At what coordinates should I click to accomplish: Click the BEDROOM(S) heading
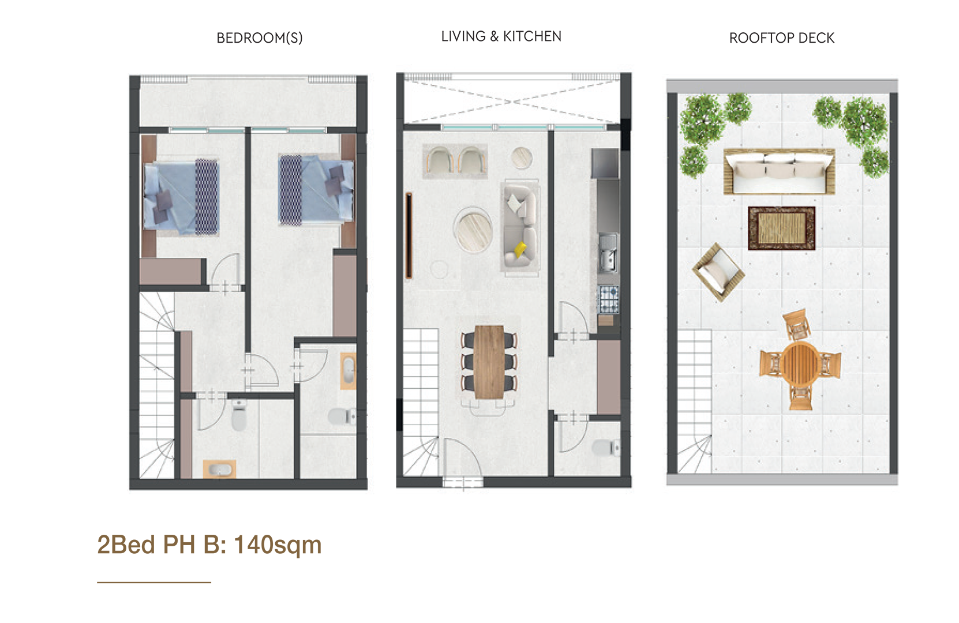pyautogui.click(x=260, y=38)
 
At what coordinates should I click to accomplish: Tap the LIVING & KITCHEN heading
pyautogui.click(x=501, y=36)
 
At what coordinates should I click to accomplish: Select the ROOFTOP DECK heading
pyautogui.click(x=782, y=38)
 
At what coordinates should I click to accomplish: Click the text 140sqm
pyautogui.click(x=278, y=545)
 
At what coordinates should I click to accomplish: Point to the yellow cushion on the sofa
pyautogui.click(x=520, y=249)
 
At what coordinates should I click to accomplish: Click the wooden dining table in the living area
pyautogui.click(x=489, y=362)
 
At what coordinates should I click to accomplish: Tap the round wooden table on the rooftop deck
pyautogui.click(x=800, y=363)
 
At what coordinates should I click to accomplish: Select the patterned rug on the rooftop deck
pyautogui.click(x=782, y=228)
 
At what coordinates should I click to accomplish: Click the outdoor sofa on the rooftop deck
pyautogui.click(x=779, y=171)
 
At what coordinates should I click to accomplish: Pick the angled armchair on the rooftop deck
pyautogui.click(x=718, y=272)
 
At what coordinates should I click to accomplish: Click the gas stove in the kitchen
pyautogui.click(x=608, y=299)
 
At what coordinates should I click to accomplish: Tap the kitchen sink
pyautogui.click(x=608, y=253)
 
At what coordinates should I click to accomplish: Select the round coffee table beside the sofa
pyautogui.click(x=474, y=230)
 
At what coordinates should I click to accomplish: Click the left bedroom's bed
pyautogui.click(x=182, y=197)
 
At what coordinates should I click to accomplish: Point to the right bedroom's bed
pyautogui.click(x=316, y=189)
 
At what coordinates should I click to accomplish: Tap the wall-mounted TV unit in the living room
pyautogui.click(x=409, y=235)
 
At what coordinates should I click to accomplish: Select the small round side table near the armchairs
pyautogui.click(x=522, y=158)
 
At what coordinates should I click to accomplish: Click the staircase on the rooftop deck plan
pyautogui.click(x=694, y=401)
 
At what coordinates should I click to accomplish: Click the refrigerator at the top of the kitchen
pyautogui.click(x=605, y=163)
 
